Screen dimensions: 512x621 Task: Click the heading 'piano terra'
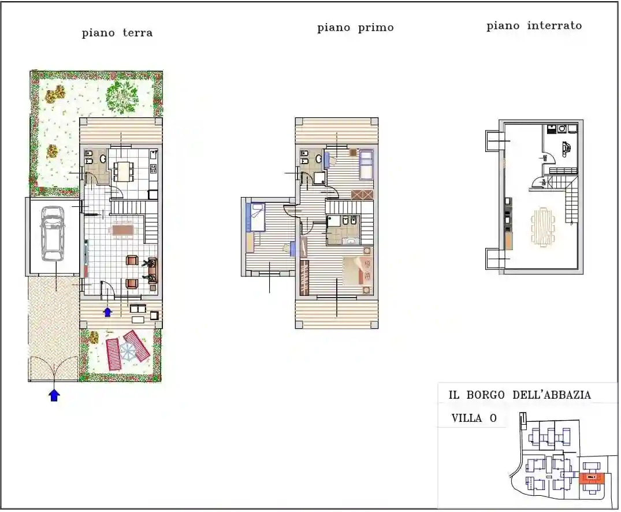point(117,33)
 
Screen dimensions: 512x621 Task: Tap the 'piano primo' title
point(355,28)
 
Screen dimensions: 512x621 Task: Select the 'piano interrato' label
point(534,26)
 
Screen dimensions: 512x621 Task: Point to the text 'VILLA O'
point(474,418)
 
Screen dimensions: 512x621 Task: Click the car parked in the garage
point(52,233)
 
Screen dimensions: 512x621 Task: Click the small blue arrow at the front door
point(107,312)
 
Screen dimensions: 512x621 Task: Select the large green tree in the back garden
point(122,97)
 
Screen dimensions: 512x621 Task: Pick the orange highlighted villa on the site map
point(590,477)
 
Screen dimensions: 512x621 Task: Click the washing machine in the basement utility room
point(561,129)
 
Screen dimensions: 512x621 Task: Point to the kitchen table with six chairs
point(123,170)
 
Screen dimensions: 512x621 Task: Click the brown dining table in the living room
point(122,231)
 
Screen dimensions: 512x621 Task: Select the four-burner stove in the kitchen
point(154,169)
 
